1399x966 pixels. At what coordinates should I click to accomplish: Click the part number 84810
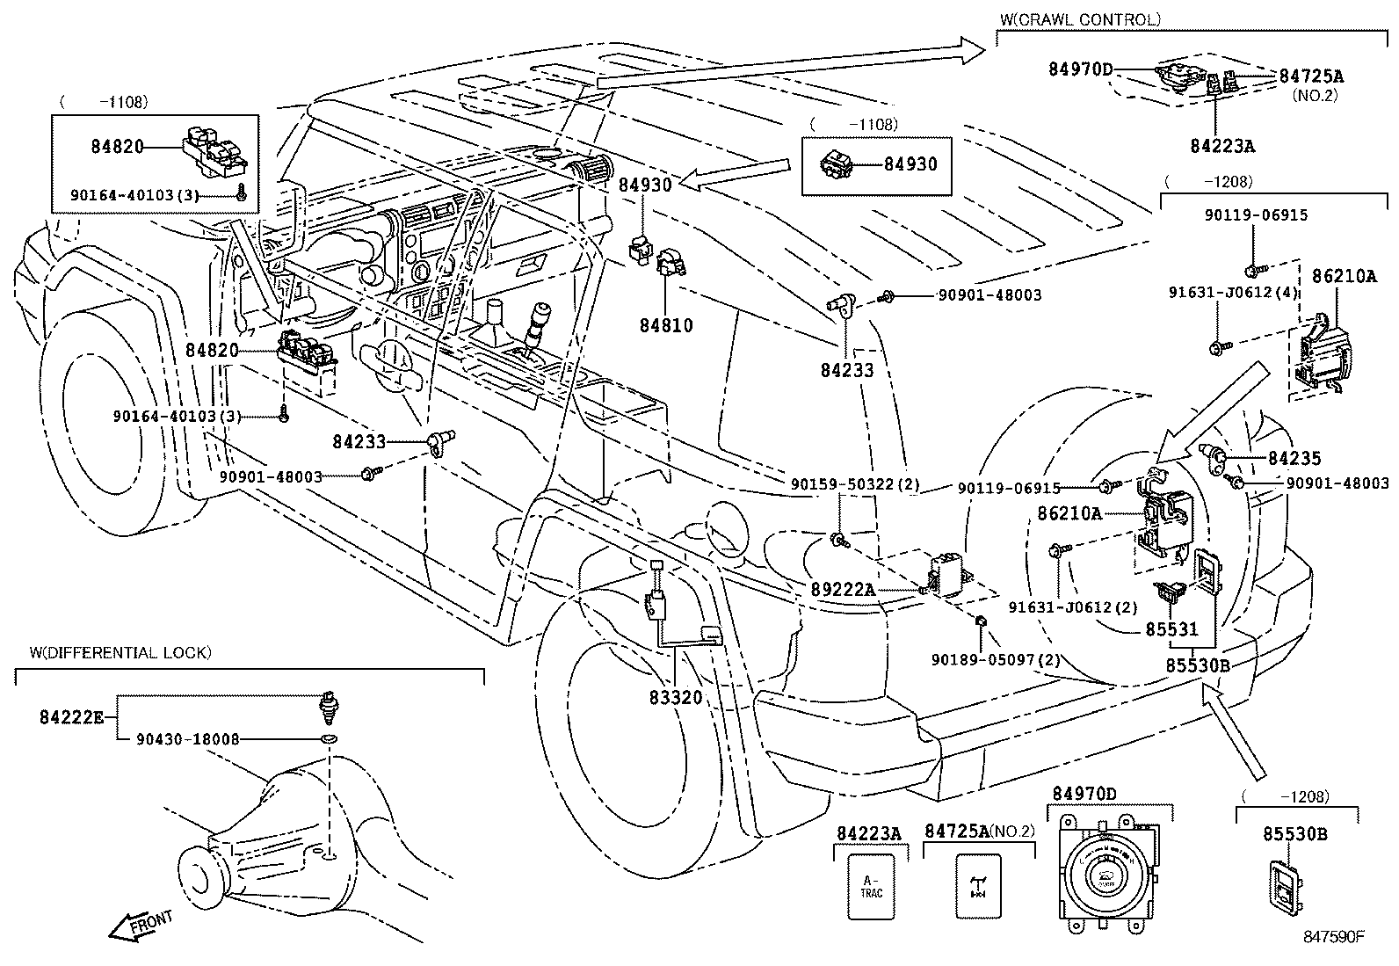click(x=665, y=325)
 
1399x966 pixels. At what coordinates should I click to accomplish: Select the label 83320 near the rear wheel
click(x=676, y=697)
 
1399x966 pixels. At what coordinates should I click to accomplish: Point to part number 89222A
click(x=843, y=589)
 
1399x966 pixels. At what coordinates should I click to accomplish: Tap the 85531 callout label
click(x=1171, y=629)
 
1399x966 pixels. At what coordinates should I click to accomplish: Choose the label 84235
click(x=1294, y=458)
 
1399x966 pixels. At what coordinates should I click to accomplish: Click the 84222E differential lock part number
click(x=71, y=716)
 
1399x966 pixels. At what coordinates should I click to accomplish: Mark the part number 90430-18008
click(x=187, y=740)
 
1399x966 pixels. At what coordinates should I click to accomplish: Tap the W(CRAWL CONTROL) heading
click(x=1080, y=18)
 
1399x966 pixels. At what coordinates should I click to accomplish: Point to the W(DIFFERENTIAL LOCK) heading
click(x=120, y=652)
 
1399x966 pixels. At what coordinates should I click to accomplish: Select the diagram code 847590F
click(x=1333, y=936)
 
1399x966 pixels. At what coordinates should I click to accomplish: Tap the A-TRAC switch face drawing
click(x=871, y=887)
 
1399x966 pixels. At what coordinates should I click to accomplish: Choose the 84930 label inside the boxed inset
click(x=910, y=163)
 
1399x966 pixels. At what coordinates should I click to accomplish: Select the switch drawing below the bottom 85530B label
click(x=1284, y=889)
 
